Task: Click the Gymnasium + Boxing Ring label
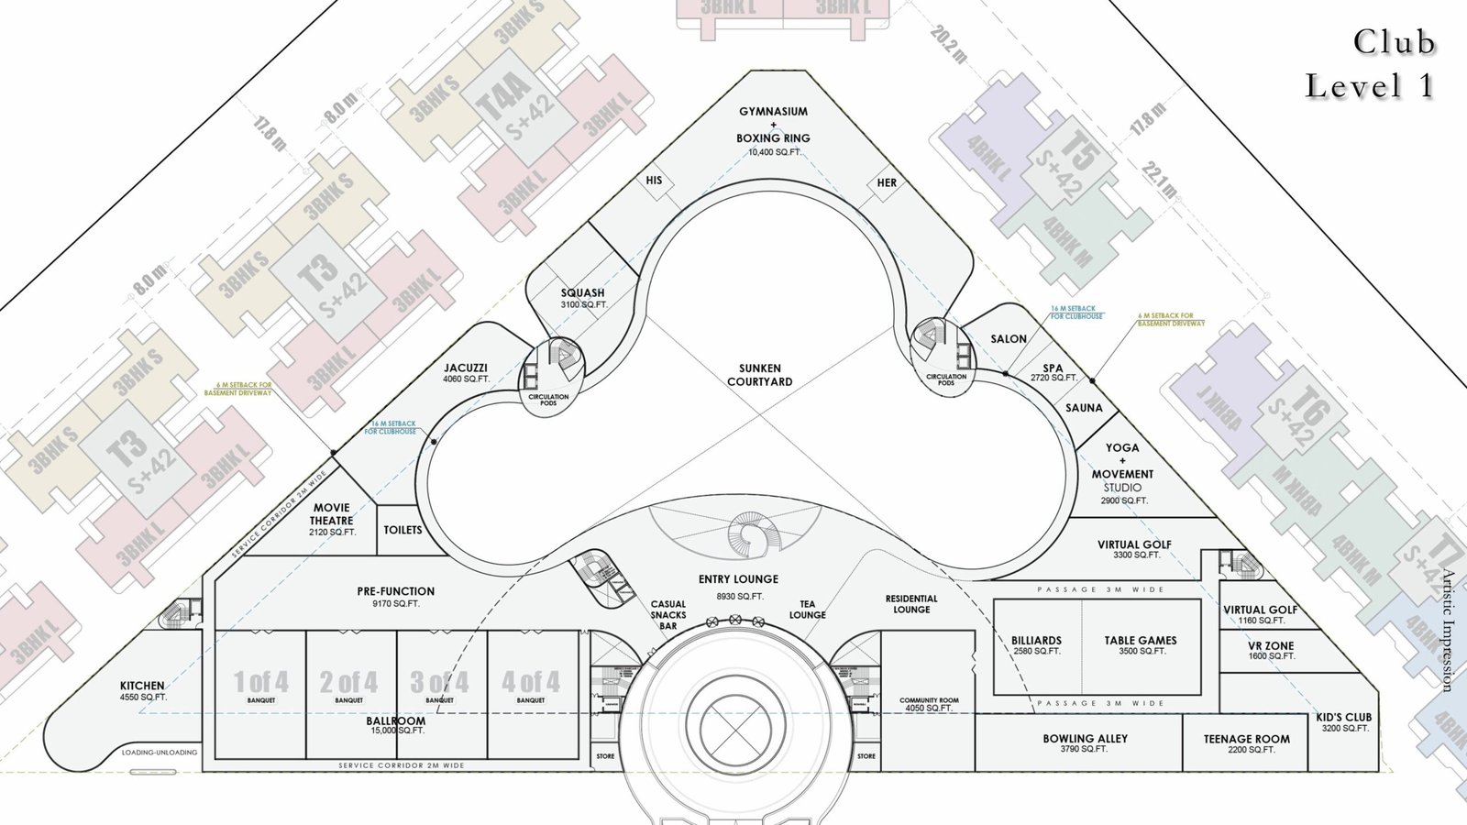(x=773, y=126)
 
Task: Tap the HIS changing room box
(x=654, y=181)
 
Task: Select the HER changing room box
(x=887, y=182)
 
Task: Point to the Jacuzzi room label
(x=466, y=372)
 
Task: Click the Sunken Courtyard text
(x=759, y=375)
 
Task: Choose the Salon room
(x=1009, y=339)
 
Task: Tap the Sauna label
(x=1084, y=408)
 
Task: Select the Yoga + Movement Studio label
(x=1122, y=474)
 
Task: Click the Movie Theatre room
(x=332, y=519)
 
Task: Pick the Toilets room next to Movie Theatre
(x=403, y=530)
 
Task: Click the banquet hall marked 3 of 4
(x=440, y=687)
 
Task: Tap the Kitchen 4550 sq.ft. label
(x=142, y=690)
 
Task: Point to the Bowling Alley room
(x=1085, y=743)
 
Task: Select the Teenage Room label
(x=1247, y=743)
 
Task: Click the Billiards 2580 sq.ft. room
(x=1036, y=645)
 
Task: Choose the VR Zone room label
(x=1271, y=651)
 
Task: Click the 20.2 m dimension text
(x=948, y=44)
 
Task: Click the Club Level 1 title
(x=1370, y=64)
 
